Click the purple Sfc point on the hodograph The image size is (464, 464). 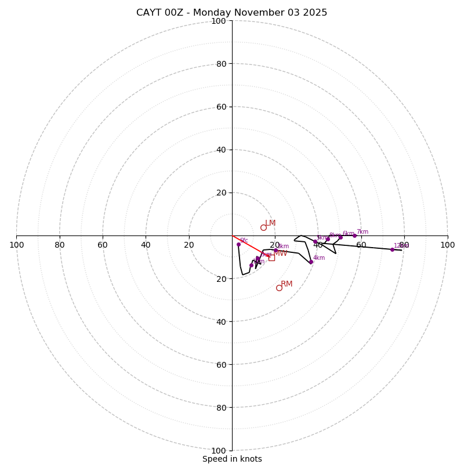[238, 244]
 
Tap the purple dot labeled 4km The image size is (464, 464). [311, 262]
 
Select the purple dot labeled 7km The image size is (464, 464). [354, 235]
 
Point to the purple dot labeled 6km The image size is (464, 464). [340, 237]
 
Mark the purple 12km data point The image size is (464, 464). [392, 249]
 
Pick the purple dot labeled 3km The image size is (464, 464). [275, 250]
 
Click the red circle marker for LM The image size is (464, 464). [263, 227]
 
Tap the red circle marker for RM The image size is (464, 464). [279, 288]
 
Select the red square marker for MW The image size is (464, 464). [271, 258]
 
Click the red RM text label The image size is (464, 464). [287, 284]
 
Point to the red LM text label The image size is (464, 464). [270, 223]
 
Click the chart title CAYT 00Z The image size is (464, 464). [231, 13]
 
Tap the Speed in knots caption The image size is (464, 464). [232, 459]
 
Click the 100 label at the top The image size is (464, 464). [219, 21]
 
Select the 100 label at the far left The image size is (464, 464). [16, 245]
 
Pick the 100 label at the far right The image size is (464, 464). [447, 245]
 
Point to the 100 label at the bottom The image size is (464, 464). [219, 450]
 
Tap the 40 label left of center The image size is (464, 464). [146, 245]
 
